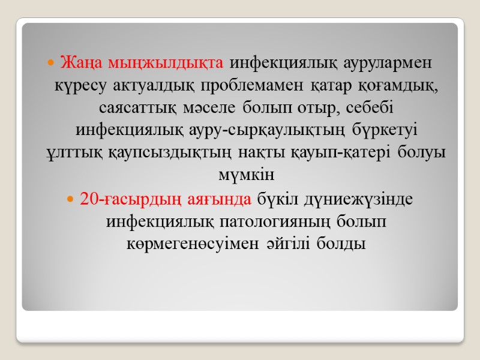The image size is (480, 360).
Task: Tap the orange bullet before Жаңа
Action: click(x=52, y=62)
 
